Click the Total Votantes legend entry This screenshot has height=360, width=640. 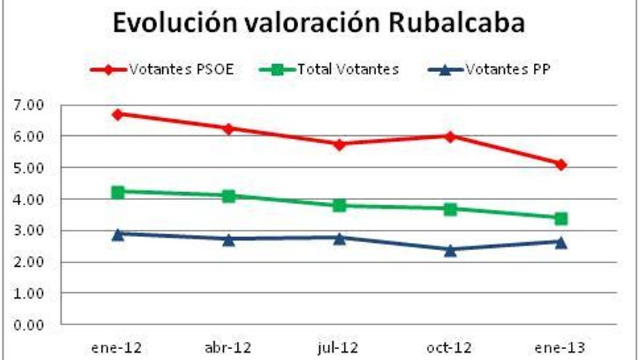(x=329, y=71)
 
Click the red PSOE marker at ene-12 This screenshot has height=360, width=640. (x=117, y=114)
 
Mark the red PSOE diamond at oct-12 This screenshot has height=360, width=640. (x=450, y=136)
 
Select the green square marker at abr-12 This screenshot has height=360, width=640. (x=228, y=196)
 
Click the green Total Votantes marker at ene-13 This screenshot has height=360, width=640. (x=561, y=218)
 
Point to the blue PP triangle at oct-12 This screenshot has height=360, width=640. (x=450, y=249)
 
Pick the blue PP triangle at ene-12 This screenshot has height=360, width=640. (x=117, y=233)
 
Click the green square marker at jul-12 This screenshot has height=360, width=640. (x=339, y=205)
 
